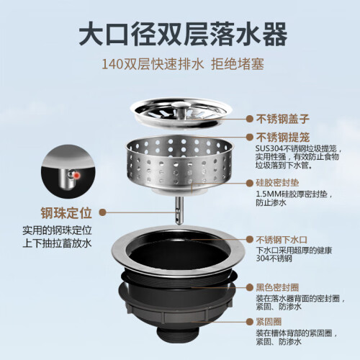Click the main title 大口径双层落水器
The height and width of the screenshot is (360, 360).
tap(183, 34)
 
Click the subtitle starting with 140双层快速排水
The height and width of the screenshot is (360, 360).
tap(183, 64)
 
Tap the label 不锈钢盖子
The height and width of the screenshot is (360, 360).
tap(283, 119)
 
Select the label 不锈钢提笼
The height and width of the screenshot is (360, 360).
tap(283, 138)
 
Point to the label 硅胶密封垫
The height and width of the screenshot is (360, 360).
tap(277, 183)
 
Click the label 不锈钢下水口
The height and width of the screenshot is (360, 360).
tap(282, 240)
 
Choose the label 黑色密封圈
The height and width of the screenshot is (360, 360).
tap(277, 287)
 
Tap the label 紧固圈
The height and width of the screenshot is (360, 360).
tap(269, 322)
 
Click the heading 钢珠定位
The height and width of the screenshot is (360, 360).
tap(66, 212)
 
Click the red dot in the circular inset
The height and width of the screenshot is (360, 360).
tap(77, 176)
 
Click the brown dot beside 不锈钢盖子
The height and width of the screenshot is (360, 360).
tap(250, 119)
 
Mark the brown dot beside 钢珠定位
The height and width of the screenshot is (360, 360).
tap(103, 212)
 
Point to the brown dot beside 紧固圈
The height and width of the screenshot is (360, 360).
tap(250, 322)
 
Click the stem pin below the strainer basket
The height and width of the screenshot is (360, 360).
tap(179, 210)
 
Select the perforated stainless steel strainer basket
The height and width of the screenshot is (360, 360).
tap(179, 163)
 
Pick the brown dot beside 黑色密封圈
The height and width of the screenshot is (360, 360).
tap(250, 287)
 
